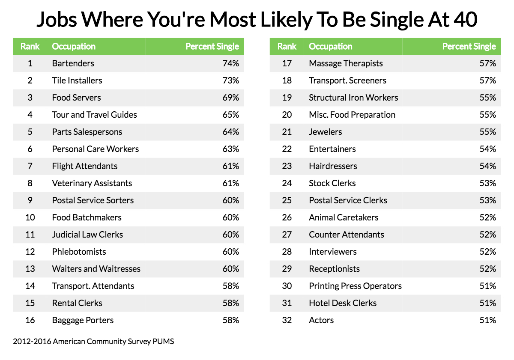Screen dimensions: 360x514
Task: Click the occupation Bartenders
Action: coord(73,63)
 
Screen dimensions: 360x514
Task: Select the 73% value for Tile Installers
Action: coord(230,80)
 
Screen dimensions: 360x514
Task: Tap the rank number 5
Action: coord(30,132)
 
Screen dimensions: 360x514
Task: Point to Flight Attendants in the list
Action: coord(84,166)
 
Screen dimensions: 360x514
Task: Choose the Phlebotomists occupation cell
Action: coord(79,252)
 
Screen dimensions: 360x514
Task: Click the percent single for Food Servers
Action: coord(230,98)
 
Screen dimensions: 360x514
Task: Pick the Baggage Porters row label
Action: coord(83,320)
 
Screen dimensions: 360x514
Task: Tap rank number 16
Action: coord(30,320)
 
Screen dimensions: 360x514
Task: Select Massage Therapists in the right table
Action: coord(346,63)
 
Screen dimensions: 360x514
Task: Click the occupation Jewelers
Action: coord(325,132)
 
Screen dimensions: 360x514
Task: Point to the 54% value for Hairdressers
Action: coord(487,166)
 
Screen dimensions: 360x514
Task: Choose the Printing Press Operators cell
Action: coord(355,286)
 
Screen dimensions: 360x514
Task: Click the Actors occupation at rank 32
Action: coord(321,320)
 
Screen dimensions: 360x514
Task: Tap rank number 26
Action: coord(287,217)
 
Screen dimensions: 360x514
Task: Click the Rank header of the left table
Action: coord(30,46)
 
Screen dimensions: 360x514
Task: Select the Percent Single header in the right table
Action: coord(469,46)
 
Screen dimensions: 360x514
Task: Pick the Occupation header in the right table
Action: coord(330,46)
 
